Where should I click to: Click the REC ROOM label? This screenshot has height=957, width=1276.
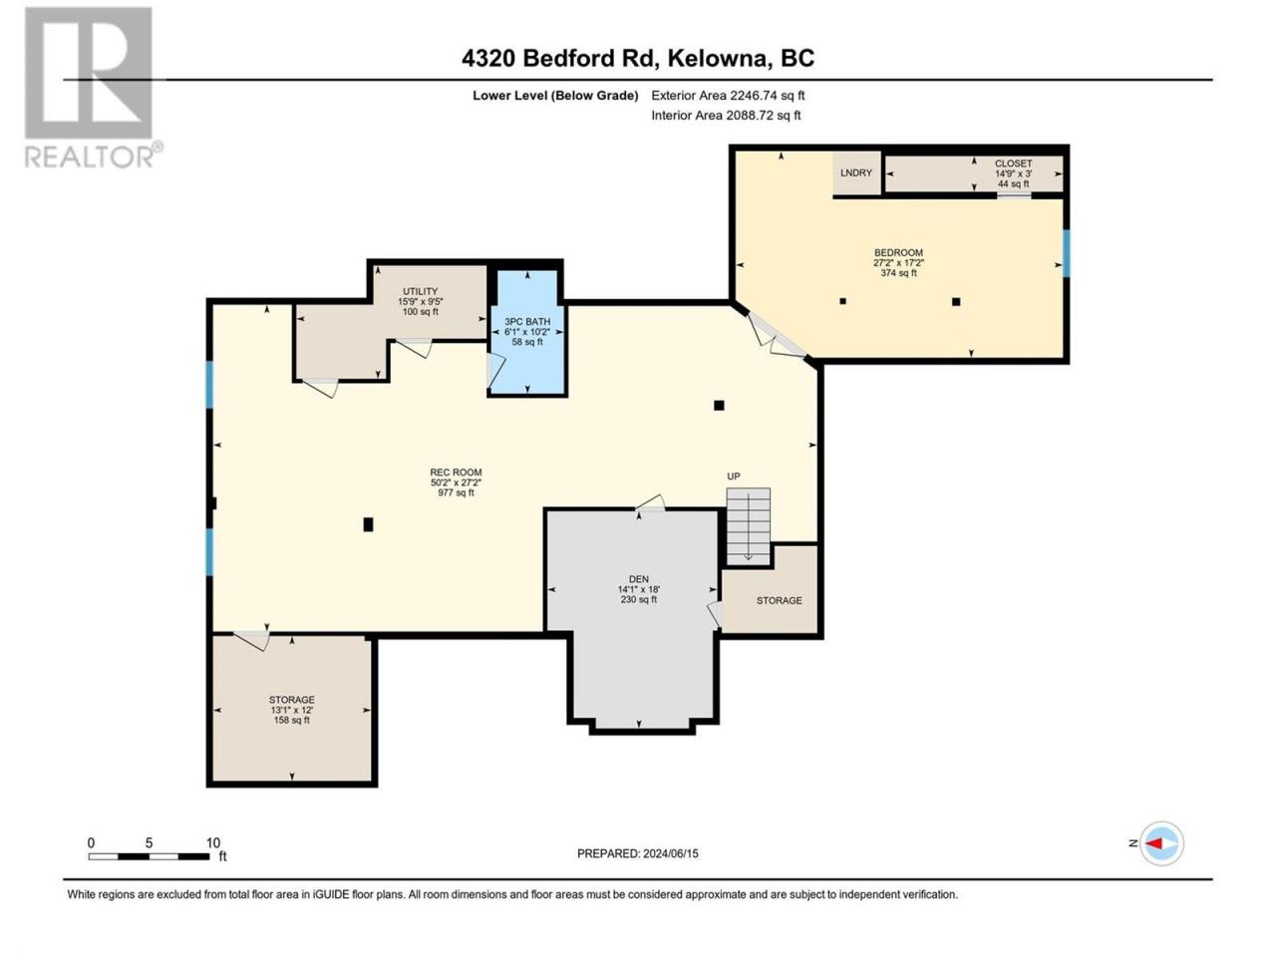click(x=456, y=473)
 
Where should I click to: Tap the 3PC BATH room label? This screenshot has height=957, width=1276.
click(x=527, y=321)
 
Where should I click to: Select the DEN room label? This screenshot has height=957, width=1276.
click(x=639, y=579)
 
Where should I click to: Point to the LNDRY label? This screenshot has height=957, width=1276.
click(x=856, y=172)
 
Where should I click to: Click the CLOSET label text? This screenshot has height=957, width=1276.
click(x=1013, y=163)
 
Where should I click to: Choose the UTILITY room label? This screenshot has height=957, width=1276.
click(x=421, y=291)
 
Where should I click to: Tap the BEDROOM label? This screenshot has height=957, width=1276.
click(x=899, y=253)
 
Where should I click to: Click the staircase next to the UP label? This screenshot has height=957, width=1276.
click(x=749, y=526)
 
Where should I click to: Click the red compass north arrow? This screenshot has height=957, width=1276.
click(x=1153, y=843)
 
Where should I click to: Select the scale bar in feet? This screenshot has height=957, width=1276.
click(x=149, y=856)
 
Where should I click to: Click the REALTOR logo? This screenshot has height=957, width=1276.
click(x=93, y=88)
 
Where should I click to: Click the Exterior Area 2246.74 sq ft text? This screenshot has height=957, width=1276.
click(x=728, y=96)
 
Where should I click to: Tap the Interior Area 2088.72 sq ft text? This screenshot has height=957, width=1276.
click(x=726, y=115)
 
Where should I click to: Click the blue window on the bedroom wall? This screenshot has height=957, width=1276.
click(x=1066, y=253)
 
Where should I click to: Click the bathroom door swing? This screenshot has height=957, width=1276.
click(x=495, y=370)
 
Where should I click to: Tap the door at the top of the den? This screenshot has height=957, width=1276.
click(x=651, y=503)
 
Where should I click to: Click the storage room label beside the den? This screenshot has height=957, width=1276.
click(x=779, y=600)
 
